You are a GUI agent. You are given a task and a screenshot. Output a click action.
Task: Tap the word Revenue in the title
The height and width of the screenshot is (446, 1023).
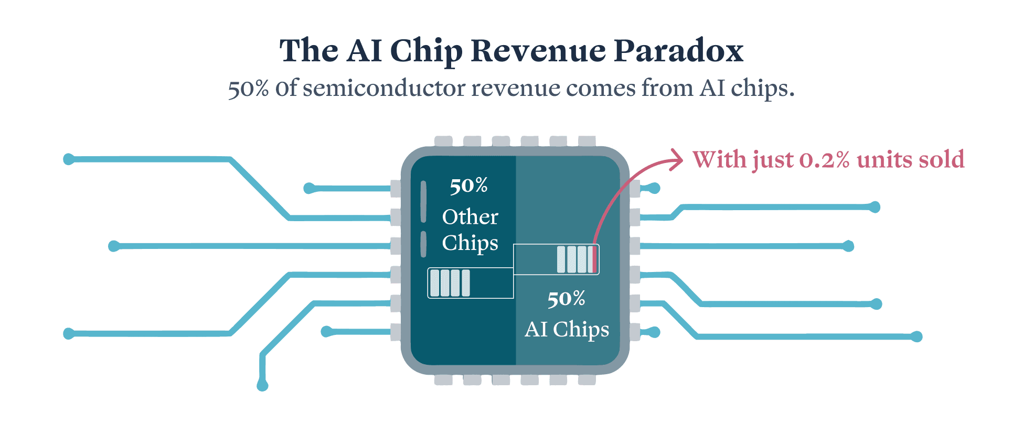[538, 51]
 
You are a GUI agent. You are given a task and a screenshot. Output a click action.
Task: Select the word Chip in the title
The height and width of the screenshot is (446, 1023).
[425, 52]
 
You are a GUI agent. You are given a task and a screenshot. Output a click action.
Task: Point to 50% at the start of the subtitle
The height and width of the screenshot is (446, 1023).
[248, 89]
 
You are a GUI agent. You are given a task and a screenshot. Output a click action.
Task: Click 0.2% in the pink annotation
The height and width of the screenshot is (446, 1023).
[824, 160]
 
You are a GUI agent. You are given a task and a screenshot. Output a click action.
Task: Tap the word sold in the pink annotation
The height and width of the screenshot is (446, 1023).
[942, 159]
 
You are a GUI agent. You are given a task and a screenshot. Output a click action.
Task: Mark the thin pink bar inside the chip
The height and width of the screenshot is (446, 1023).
[594, 259]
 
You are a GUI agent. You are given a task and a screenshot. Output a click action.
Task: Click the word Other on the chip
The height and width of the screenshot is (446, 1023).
[470, 217]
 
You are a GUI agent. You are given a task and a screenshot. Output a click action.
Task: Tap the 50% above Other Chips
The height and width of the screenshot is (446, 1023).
[469, 186]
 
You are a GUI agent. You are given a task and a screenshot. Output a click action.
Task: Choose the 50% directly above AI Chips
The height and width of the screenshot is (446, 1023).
[566, 299]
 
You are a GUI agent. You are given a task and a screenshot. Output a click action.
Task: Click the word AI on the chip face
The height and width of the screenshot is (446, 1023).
[536, 330]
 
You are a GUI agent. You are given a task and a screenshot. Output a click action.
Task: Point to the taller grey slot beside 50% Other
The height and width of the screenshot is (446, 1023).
[423, 201]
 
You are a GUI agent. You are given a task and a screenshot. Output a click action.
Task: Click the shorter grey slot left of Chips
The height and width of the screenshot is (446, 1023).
[423, 244]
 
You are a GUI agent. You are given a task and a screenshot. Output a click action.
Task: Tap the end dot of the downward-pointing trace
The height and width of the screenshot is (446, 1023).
[262, 386]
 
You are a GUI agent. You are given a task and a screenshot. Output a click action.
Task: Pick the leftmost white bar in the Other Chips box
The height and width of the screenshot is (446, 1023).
[434, 283]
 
